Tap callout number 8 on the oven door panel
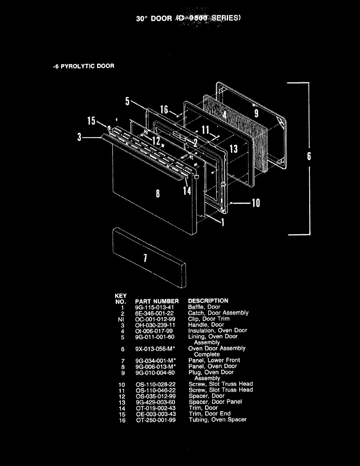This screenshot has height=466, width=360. coord(157,193)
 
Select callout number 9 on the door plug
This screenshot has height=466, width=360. coord(256,113)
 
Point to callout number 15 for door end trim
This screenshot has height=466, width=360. coord(91,121)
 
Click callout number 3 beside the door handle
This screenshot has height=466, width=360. coord(79,137)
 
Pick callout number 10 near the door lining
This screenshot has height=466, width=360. coord(256,203)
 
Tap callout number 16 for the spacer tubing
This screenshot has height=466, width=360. coord(164,110)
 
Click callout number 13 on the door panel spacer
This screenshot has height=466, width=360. coord(233,148)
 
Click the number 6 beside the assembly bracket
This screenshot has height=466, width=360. coord(309,156)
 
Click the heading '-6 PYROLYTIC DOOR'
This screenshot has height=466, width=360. coord(83,66)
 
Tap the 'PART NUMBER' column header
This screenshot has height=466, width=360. coord(157,301)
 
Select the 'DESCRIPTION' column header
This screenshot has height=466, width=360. coord(208,301)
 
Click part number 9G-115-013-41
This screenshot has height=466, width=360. coord(155,307)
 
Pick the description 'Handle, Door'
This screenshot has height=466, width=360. coord(206,324)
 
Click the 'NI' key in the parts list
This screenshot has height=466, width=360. coord(121,319)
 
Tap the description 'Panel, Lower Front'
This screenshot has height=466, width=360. coord(214,360)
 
